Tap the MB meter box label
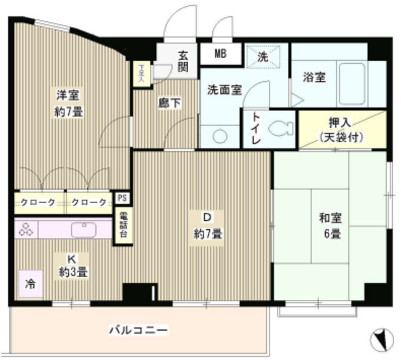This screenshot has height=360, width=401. tap(220, 54)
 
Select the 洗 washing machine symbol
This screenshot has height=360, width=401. tap(263, 56)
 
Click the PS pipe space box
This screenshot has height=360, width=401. tap(122, 198)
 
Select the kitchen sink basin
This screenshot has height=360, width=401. tap(83, 229)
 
